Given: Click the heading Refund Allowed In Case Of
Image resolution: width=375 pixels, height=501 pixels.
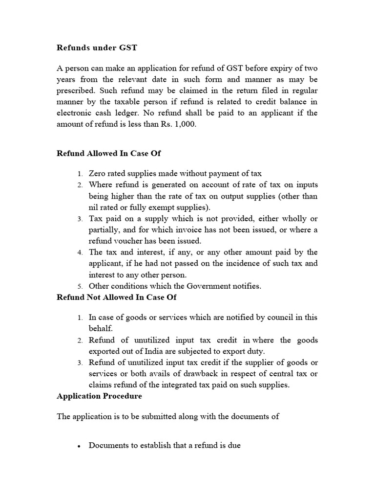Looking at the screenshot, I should pos(109,153).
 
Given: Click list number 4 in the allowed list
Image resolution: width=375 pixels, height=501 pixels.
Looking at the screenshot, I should pos(80,252).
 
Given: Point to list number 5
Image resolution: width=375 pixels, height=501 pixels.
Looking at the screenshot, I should pos(80,286).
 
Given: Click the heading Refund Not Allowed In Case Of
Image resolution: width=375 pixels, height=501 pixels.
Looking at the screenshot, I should pos(117,297).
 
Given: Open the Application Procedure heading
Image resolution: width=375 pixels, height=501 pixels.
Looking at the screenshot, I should pos(99,396).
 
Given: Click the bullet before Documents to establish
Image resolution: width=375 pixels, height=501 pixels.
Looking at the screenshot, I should pos(79,446).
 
